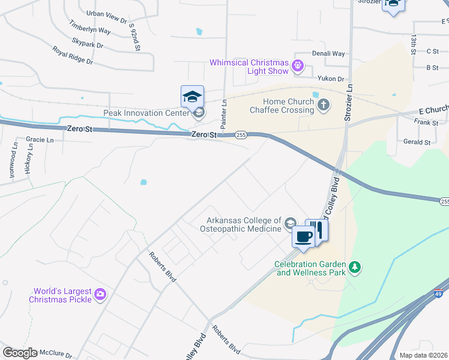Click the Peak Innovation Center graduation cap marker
click(x=193, y=97)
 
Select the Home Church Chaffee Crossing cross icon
click(x=324, y=106)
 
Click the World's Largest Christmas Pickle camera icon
click(x=100, y=295)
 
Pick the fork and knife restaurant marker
click(x=317, y=229)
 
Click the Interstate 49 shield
click(x=439, y=293)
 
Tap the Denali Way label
click(x=328, y=53)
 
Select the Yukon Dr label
click(x=331, y=79)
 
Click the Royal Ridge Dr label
click(x=72, y=56)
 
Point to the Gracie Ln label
click(x=40, y=139)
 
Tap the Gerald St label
click(x=417, y=142)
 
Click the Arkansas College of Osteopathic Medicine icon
click(x=291, y=223)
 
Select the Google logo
click(x=20, y=353)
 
